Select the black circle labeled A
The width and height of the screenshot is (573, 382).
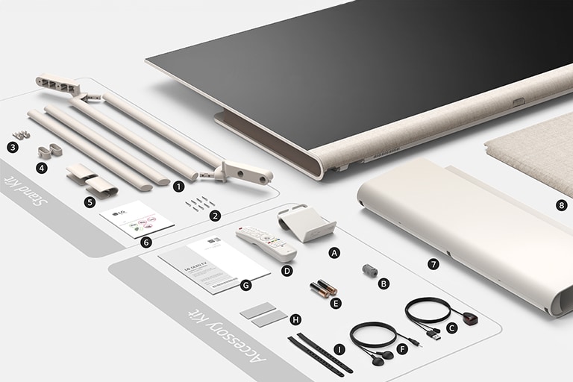tap(334, 253)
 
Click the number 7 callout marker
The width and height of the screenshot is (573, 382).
tap(433, 264)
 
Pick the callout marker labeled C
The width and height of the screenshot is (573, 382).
tap(451, 327)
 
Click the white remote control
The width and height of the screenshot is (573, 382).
tap(266, 242)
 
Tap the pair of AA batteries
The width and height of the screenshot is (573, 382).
tap(323, 288)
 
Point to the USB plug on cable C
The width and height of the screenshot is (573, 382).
tap(432, 335)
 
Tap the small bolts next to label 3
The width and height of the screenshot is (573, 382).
tap(21, 135)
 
